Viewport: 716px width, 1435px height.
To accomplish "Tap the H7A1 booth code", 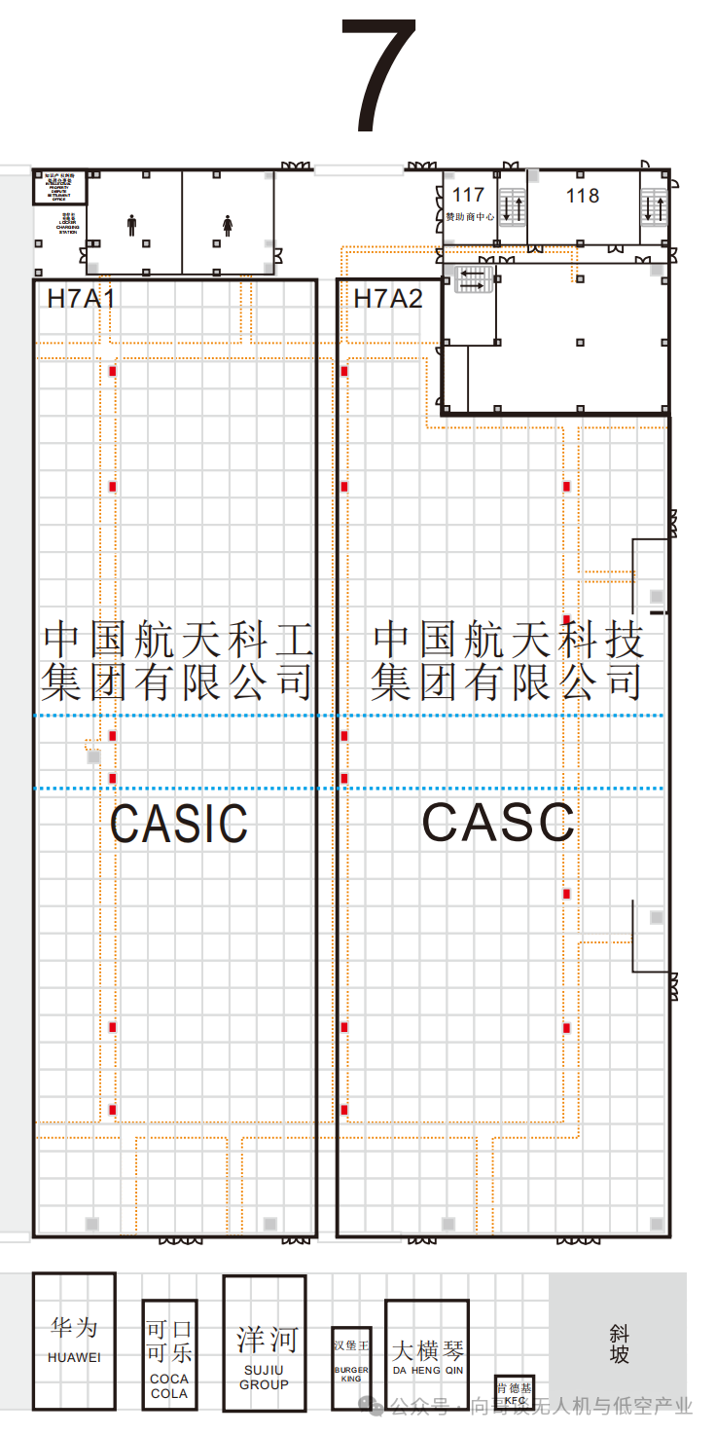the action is click(81, 298).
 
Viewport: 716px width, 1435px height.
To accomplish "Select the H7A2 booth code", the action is click(387, 298).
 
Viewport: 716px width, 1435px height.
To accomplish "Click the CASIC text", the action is click(179, 824).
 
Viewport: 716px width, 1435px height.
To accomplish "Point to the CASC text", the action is click(498, 823).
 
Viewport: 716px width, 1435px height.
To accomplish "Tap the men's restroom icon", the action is click(132, 225).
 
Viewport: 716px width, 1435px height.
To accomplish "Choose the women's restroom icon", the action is click(228, 225).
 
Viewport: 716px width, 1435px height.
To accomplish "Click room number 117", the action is click(468, 196).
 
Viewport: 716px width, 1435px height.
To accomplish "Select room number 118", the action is click(583, 196).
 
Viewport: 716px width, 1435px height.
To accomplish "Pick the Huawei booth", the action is click(74, 1341).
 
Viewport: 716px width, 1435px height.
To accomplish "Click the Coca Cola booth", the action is click(169, 1354).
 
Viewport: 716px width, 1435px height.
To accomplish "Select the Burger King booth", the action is click(351, 1367).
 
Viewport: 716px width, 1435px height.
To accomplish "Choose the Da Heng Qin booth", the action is click(427, 1353).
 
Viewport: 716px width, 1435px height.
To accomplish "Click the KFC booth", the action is click(514, 1393).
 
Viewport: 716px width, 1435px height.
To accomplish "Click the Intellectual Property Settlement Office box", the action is click(59, 187).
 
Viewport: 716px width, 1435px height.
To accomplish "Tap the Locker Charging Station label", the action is click(67, 223).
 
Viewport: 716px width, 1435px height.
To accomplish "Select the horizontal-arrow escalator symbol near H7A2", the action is click(475, 279).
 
